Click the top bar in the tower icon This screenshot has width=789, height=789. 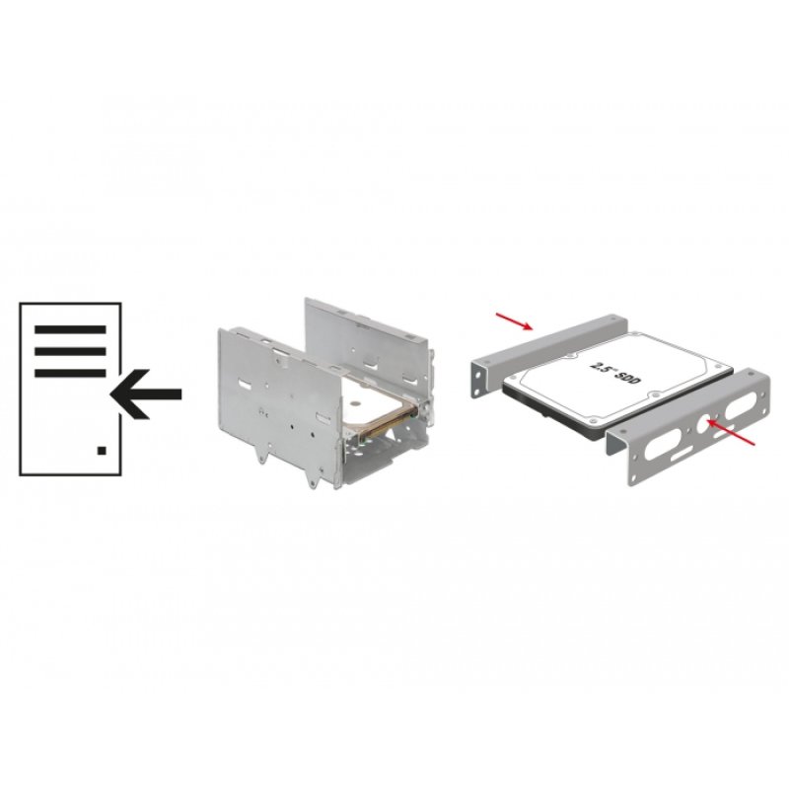(70, 329)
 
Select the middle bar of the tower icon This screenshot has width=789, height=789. (70, 351)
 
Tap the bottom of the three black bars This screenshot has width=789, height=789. (70, 373)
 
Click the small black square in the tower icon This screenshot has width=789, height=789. (102, 450)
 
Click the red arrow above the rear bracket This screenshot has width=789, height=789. (515, 319)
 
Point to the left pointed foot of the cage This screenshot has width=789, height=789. (260, 455)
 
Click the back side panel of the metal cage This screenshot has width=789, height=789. (370, 335)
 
